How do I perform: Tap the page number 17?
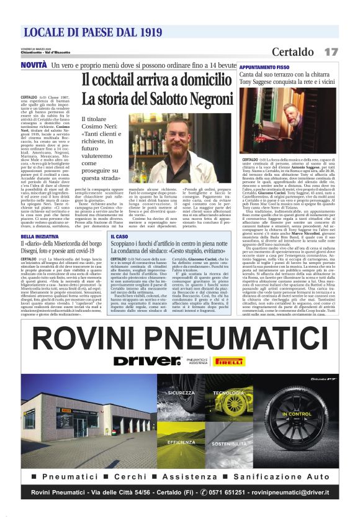point(331,52)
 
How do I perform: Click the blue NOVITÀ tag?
point(34,65)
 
